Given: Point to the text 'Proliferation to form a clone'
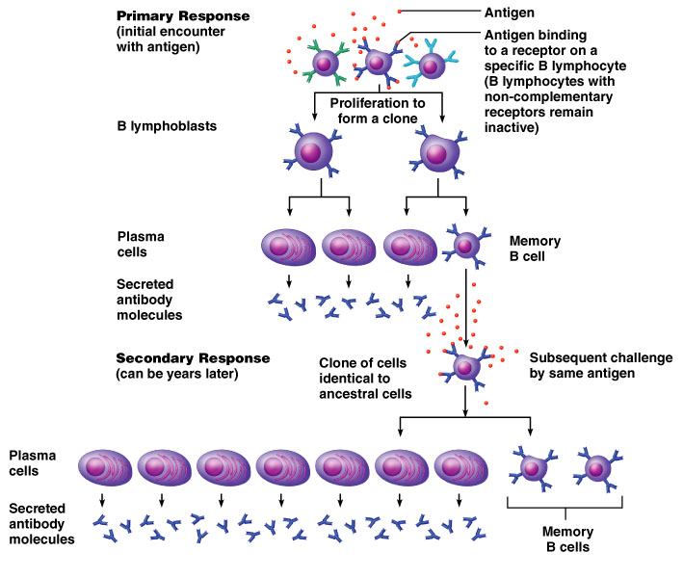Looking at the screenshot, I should [x=378, y=110].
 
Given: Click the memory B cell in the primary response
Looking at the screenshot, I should [x=465, y=246].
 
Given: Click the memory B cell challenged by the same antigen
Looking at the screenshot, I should [x=466, y=367].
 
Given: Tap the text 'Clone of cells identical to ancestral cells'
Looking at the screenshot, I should [x=365, y=378].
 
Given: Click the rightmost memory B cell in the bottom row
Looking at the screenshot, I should [x=598, y=468].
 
